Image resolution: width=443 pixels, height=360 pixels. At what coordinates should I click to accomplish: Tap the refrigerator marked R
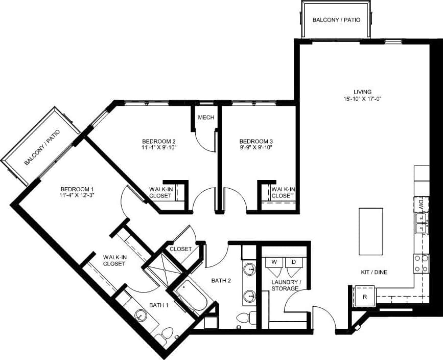coord(364,297)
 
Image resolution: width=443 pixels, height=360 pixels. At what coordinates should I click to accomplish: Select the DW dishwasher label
coord(421,205)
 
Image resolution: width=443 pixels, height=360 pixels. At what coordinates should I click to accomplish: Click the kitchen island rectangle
coord(371,231)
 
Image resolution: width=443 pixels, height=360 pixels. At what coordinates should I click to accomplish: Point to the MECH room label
coord(205,118)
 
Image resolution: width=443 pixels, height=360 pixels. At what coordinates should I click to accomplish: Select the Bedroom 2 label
coord(159,141)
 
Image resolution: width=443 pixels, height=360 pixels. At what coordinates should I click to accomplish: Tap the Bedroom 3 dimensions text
coord(256,148)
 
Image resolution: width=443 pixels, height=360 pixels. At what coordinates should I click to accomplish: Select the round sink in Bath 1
coord(141,316)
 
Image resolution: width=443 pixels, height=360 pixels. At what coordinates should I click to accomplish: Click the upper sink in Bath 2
coord(250,269)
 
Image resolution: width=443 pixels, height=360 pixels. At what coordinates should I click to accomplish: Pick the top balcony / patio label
coord(336,20)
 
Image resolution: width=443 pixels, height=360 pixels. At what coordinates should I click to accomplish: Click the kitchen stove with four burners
coord(421,264)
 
